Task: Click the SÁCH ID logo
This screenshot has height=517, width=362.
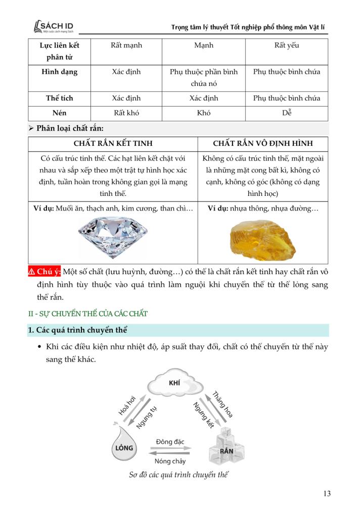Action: (x=53, y=26)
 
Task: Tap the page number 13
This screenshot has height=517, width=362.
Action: (x=327, y=493)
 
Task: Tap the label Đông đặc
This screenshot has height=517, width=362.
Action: (x=171, y=441)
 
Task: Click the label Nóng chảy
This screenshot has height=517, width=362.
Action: (x=170, y=461)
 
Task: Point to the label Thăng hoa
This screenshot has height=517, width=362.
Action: (x=222, y=404)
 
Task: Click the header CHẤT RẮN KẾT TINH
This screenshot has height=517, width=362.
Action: (x=113, y=144)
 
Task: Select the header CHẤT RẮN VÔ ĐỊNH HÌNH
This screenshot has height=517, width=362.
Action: (x=263, y=144)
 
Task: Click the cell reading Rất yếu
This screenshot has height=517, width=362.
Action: (x=287, y=45)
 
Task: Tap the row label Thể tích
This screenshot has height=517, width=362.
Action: (x=60, y=98)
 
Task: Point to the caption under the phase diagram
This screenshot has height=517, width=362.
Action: (x=175, y=475)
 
